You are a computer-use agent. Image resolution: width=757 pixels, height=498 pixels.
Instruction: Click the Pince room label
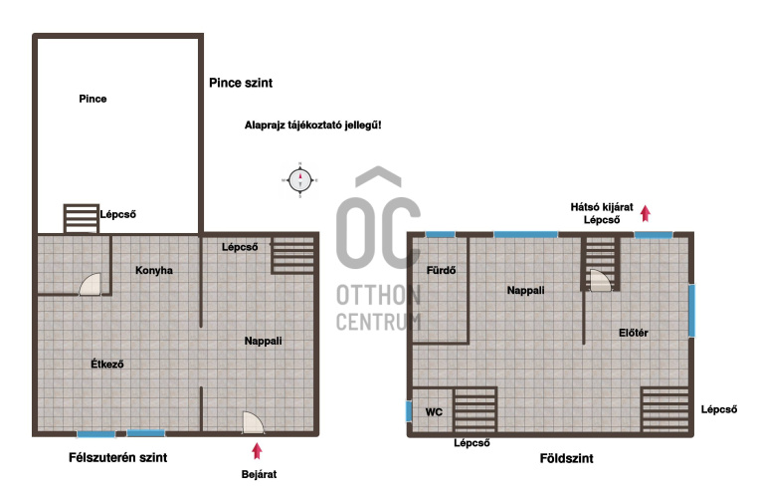[x=93, y=99]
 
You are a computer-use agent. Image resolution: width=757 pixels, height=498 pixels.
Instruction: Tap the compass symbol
[x=299, y=180]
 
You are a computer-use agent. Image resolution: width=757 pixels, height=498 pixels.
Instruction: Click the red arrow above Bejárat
[x=257, y=450]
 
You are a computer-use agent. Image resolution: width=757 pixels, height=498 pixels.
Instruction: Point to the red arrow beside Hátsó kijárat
[x=646, y=213]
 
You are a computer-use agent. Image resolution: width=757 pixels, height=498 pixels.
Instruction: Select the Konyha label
[x=154, y=270]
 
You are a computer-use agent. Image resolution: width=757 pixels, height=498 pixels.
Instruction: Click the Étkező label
[x=107, y=364]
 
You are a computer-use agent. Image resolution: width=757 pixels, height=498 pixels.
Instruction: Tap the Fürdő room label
[x=441, y=270]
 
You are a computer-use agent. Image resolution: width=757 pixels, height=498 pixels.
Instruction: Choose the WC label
[x=434, y=412]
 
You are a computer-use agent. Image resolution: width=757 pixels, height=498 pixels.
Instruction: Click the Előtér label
[x=633, y=333]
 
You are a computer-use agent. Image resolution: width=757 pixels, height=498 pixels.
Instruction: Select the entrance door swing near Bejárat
[x=253, y=422]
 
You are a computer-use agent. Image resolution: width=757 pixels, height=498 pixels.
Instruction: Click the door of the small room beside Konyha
[x=91, y=284]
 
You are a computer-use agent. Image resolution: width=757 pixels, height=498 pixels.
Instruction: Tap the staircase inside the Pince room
[x=82, y=218]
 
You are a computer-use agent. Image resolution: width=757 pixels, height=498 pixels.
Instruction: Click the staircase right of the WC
[x=475, y=409]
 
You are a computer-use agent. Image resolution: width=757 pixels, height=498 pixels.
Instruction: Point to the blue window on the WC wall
[x=409, y=411]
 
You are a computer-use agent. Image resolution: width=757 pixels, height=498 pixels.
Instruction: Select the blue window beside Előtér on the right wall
[x=691, y=311]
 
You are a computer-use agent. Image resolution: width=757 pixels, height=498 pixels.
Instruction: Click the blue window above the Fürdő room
[x=440, y=234]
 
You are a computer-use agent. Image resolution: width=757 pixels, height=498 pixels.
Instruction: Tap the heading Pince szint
[x=241, y=83]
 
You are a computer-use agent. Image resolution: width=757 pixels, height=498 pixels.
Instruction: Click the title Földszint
[x=566, y=458]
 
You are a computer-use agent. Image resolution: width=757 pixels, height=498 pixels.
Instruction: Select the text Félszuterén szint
[x=117, y=457]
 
